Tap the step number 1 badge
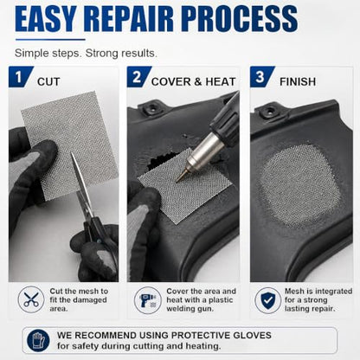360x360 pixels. (x=20, y=77)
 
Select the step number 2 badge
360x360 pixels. (x=138, y=77)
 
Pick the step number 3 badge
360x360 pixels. (x=261, y=77)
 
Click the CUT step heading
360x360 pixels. (x=48, y=81)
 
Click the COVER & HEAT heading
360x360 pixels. (x=194, y=81)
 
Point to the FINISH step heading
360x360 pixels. (x=298, y=81)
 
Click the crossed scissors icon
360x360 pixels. (x=31, y=299)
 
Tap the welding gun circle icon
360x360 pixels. (x=147, y=300)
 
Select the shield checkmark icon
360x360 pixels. (x=267, y=300)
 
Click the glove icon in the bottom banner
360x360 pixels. (x=38, y=340)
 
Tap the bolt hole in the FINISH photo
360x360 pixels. (x=271, y=111)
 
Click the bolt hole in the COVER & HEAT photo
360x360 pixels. (x=151, y=108)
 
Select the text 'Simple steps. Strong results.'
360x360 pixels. (x=86, y=54)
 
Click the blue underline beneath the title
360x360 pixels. (x=50, y=40)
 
